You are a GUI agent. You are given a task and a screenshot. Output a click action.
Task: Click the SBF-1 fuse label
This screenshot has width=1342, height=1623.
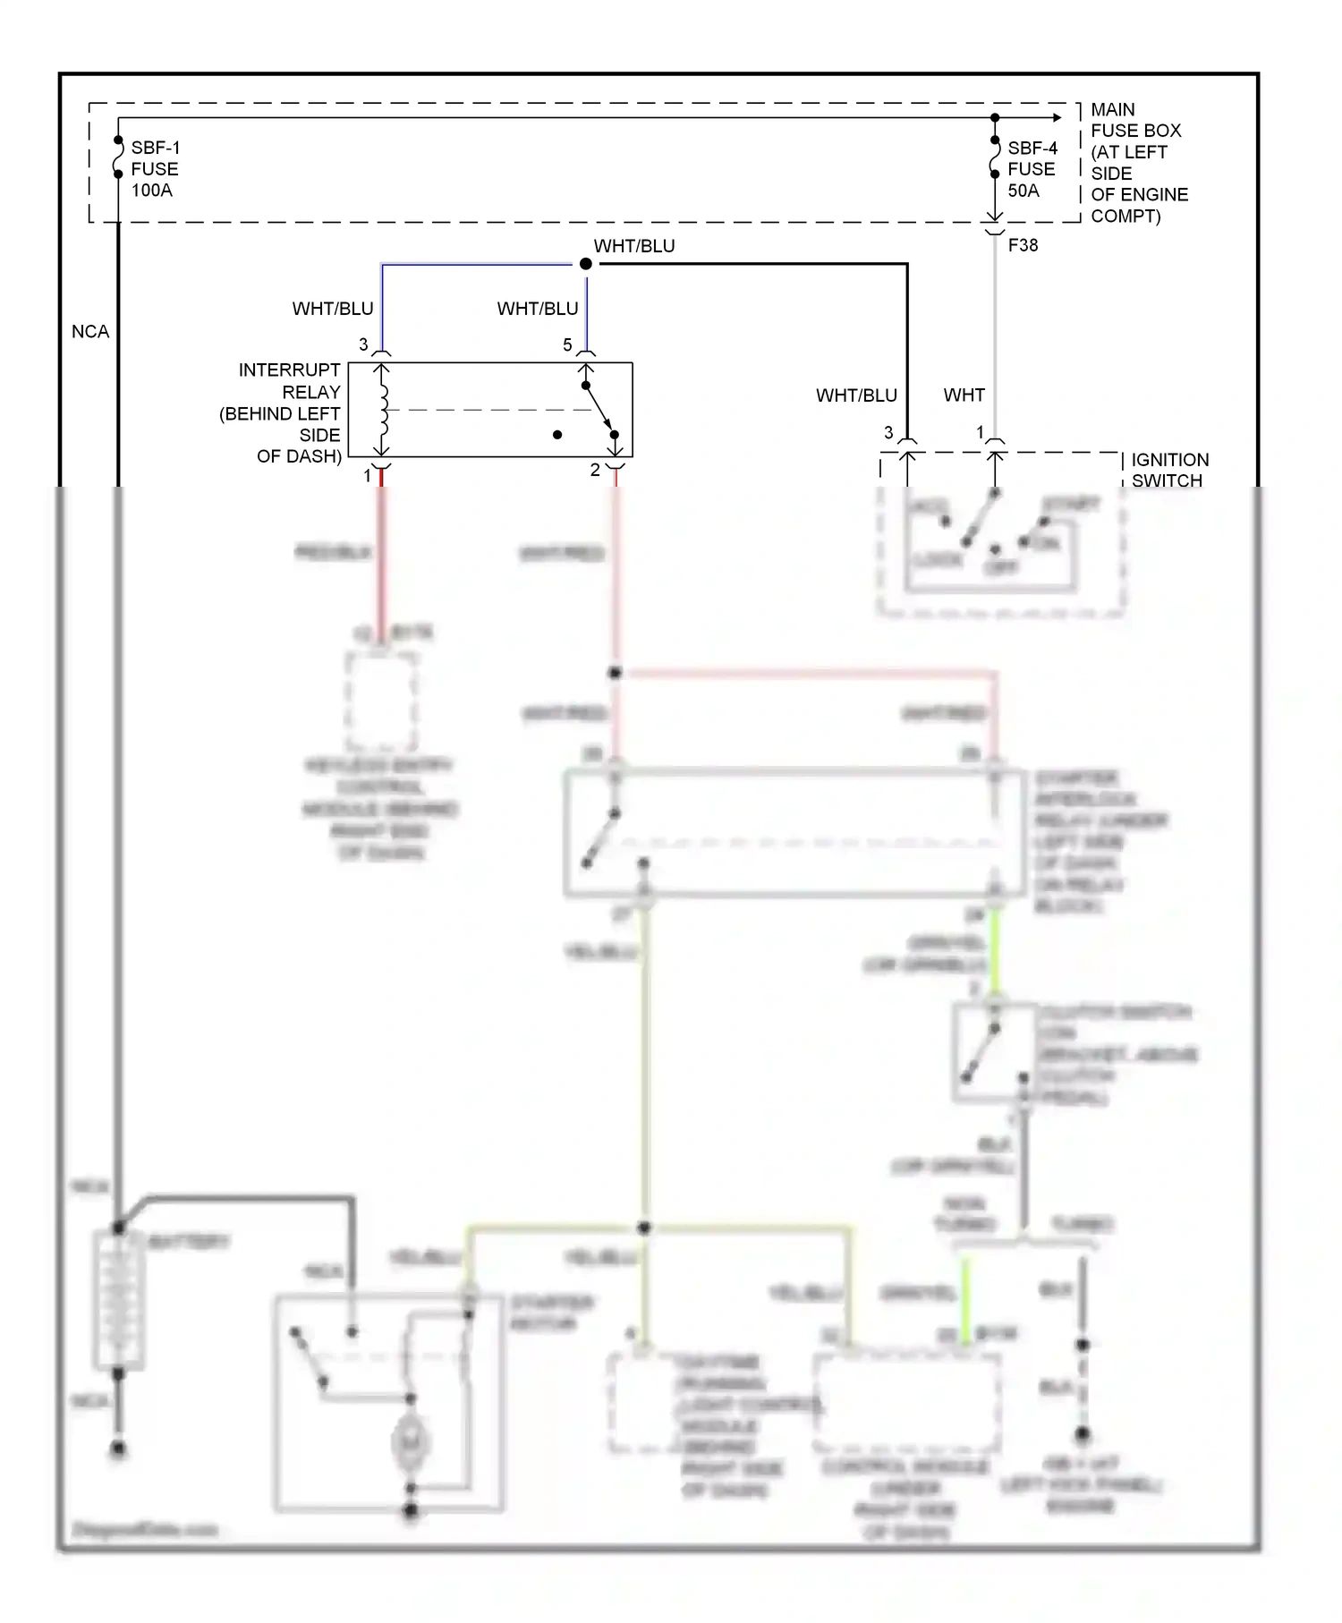155,168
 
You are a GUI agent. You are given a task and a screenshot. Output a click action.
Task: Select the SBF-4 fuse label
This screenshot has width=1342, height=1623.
1032,168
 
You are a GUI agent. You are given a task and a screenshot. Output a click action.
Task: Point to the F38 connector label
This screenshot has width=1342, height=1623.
1023,245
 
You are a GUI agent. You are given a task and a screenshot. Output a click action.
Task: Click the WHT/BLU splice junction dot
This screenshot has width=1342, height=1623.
586,264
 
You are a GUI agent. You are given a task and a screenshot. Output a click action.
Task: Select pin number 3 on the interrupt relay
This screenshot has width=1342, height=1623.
363,344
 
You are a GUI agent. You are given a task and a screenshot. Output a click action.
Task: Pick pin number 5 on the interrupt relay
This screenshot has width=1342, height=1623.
567,344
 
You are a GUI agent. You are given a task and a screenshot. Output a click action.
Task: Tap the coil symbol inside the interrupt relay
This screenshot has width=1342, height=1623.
384,410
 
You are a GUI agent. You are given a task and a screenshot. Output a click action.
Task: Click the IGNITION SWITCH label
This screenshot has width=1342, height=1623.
1169,470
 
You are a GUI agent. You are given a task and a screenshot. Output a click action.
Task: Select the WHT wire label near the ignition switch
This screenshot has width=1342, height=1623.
964,395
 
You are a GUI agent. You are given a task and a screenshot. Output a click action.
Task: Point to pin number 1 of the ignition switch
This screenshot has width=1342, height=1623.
980,432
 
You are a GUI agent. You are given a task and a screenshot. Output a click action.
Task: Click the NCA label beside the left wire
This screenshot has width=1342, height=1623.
90,331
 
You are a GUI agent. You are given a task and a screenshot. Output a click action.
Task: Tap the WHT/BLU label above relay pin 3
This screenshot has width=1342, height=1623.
333,309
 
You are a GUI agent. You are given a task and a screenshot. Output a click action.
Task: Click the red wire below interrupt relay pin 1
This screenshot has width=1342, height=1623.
381,555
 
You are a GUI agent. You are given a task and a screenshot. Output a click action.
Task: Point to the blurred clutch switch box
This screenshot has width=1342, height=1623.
993,1052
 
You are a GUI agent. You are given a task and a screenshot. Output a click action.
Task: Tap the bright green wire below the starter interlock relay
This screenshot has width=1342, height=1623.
993,953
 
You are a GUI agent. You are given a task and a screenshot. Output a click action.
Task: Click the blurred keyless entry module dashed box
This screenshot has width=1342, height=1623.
381,701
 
